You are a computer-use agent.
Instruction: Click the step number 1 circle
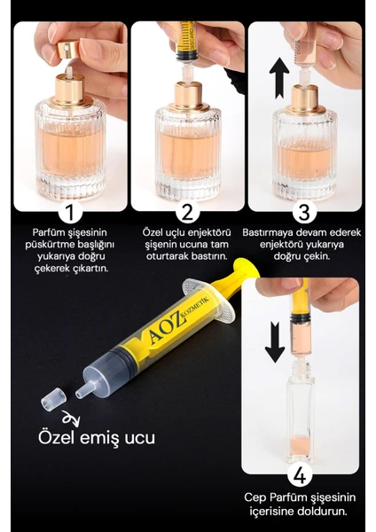pos(70,212)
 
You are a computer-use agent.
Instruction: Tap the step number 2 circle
pos(187,212)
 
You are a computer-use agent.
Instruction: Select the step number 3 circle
pos(304,212)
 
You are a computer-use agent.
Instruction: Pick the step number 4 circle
pos(301,475)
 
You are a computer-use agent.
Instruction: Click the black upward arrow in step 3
pos(279,78)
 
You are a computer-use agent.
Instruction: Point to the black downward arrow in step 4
pos(275,342)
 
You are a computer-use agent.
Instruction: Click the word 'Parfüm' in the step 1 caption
pos(46,232)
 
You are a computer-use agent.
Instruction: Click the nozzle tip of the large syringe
pos(81,393)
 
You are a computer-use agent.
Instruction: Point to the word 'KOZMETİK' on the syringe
pos(200,307)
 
